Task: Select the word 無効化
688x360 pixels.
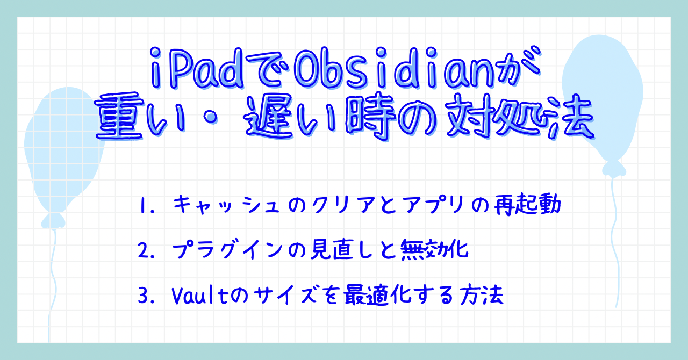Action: pyautogui.click(x=435, y=250)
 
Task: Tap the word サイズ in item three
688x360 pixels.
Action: pyautogui.click(x=288, y=296)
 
